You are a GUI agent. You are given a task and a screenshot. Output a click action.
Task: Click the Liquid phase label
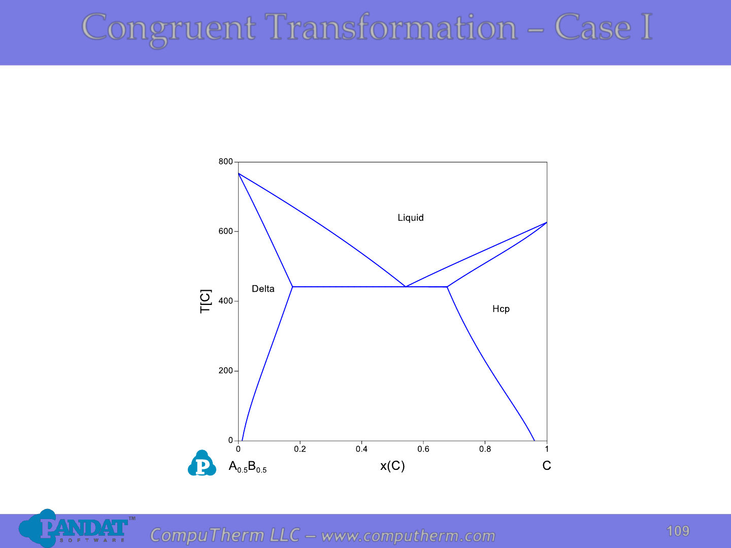[411, 218]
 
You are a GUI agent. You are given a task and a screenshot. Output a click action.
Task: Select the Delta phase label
[263, 289]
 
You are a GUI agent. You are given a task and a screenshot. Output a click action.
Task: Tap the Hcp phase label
[501, 309]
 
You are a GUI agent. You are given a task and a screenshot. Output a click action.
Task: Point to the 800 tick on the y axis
[226, 162]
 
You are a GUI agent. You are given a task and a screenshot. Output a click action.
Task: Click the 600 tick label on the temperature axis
[226, 231]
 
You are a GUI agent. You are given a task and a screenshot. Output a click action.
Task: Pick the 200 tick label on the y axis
[226, 370]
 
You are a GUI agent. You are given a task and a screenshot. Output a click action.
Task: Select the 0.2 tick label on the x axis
[300, 449]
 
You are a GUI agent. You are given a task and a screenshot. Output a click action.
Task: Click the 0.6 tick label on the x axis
[423, 449]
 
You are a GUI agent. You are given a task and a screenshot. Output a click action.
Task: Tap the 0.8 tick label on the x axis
[485, 449]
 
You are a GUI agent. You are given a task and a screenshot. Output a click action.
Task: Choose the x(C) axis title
[392, 466]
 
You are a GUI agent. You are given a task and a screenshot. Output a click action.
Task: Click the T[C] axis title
[206, 301]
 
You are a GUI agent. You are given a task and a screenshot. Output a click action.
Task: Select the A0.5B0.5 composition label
[247, 467]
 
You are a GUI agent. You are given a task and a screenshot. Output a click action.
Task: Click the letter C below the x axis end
[547, 465]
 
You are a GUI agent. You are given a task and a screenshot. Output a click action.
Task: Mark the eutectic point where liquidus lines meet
[406, 287]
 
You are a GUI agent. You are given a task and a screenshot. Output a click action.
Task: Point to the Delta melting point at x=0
[239, 174]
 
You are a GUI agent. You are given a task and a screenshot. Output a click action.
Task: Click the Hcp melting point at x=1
[547, 222]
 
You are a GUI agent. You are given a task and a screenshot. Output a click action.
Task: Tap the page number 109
[678, 531]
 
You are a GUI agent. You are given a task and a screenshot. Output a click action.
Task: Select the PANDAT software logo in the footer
[77, 529]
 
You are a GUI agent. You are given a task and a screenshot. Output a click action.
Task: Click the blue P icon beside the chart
[202, 463]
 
